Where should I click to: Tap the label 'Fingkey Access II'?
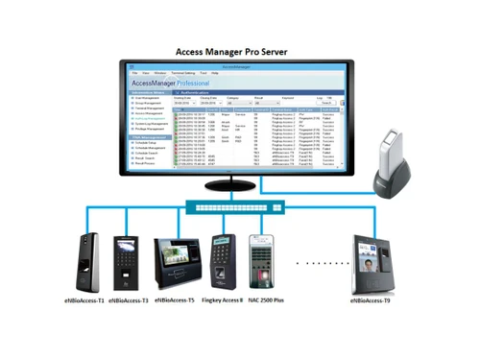(222, 300)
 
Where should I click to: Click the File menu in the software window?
(133, 73)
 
